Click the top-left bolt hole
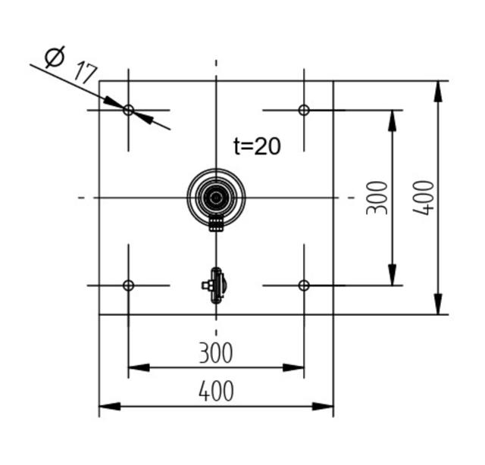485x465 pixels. (x=128, y=110)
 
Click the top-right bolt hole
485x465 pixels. (x=304, y=110)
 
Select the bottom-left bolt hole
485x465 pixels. (x=128, y=286)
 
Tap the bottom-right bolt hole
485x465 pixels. (x=304, y=286)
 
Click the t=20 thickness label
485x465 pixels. (x=257, y=146)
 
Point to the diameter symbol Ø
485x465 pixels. (x=54, y=58)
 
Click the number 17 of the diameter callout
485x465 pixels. (x=85, y=73)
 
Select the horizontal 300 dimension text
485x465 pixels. (x=216, y=353)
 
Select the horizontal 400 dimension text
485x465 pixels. (x=216, y=392)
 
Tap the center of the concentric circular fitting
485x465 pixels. (x=217, y=198)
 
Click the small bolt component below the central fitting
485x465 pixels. (x=215, y=286)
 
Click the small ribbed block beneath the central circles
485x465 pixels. (x=217, y=224)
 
